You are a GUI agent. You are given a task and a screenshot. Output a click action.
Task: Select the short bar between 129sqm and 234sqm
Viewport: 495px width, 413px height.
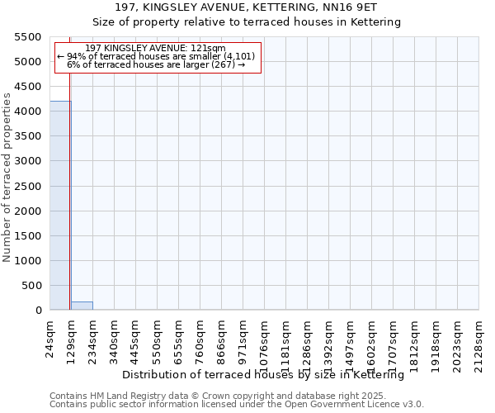click(x=82, y=306)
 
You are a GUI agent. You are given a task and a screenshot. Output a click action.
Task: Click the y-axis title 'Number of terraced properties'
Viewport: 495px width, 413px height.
click(x=7, y=178)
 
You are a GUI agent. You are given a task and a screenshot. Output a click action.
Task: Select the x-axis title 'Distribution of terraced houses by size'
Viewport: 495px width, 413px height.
click(x=268, y=375)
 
